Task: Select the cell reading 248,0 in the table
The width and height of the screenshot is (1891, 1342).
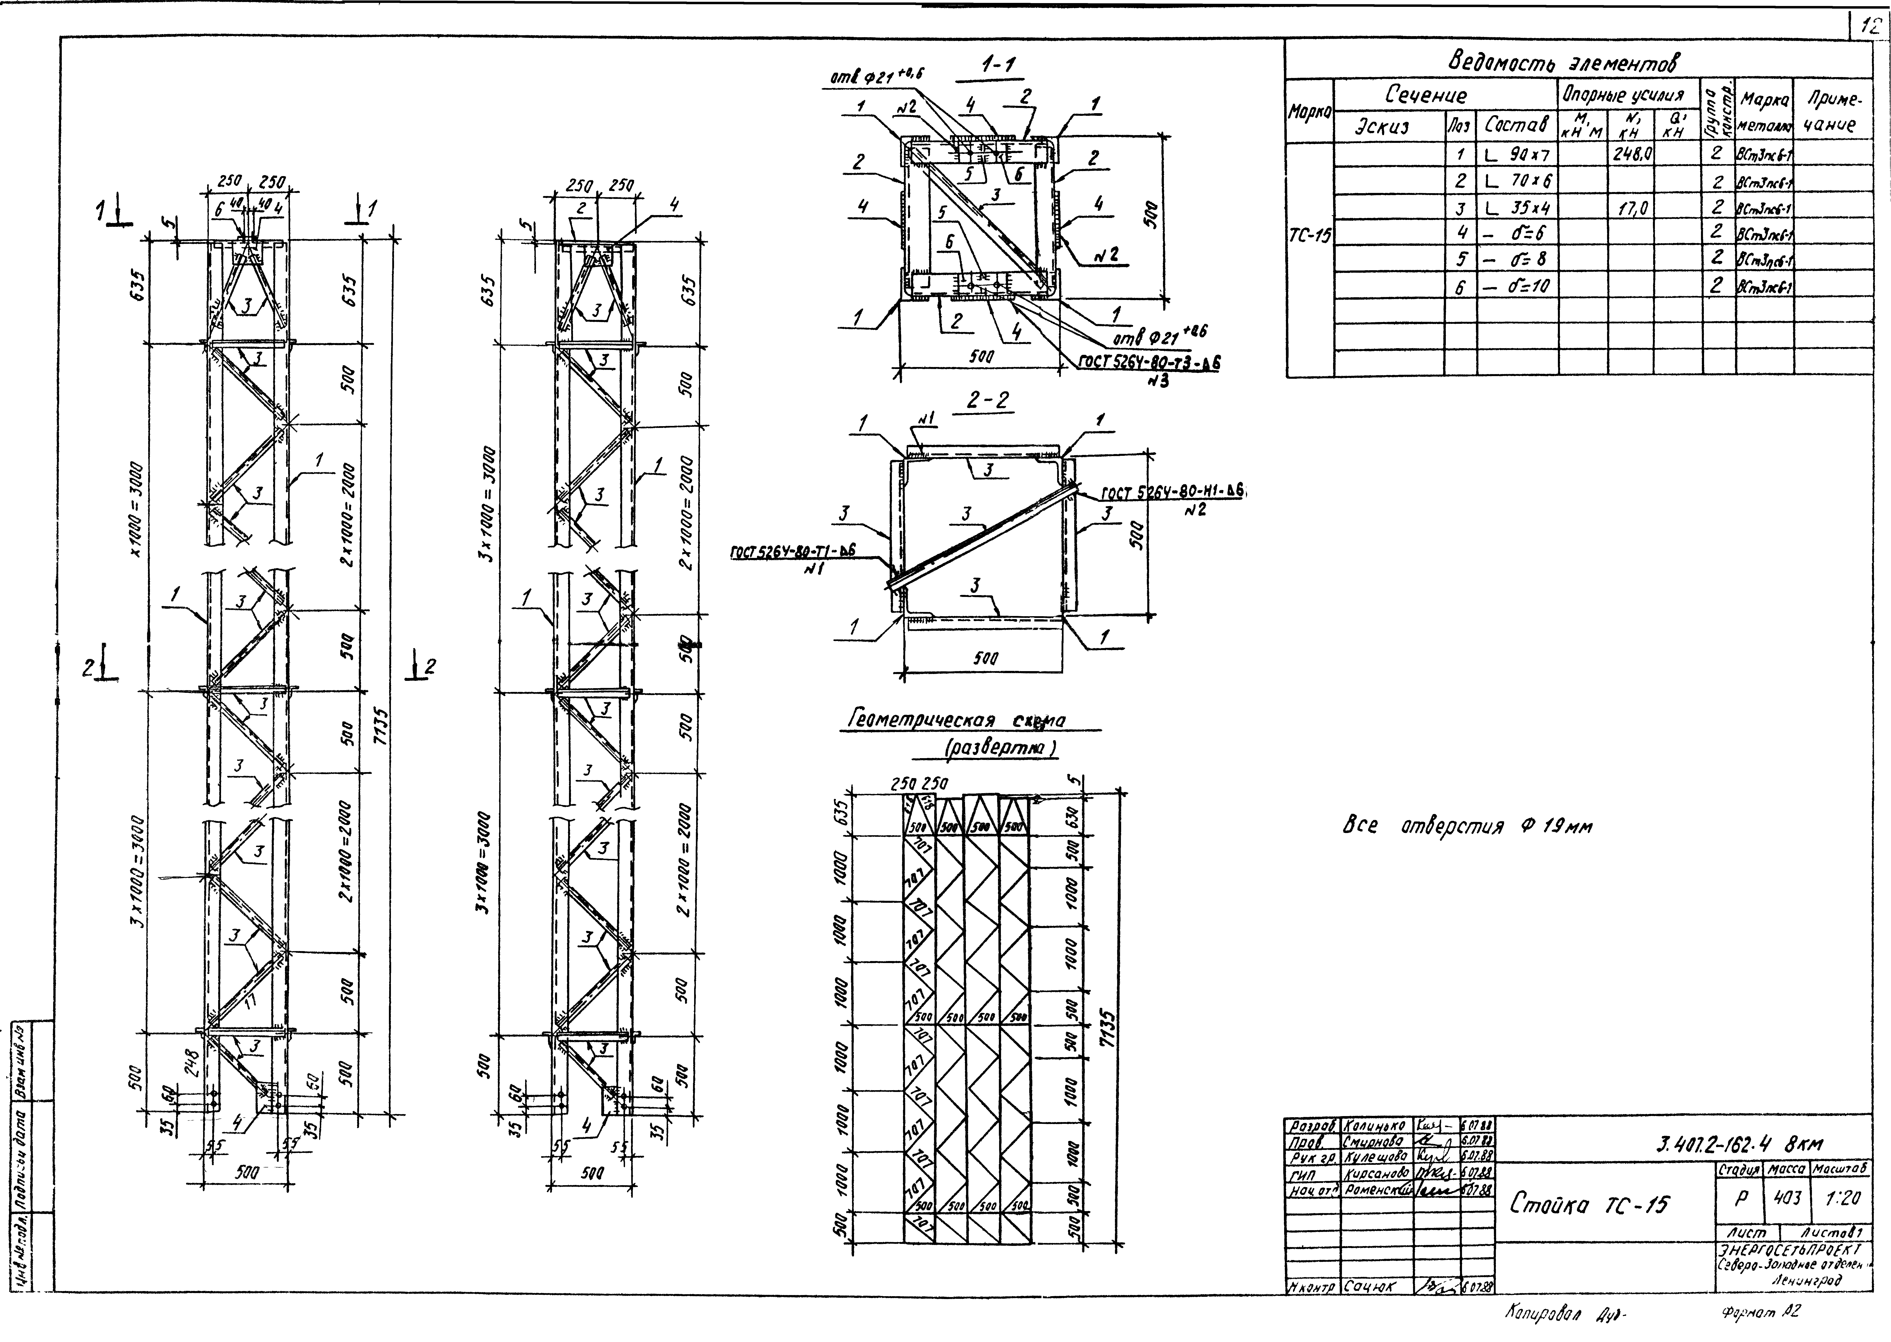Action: [x=1630, y=155]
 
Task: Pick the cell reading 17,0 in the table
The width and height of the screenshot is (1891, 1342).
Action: [x=1630, y=208]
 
